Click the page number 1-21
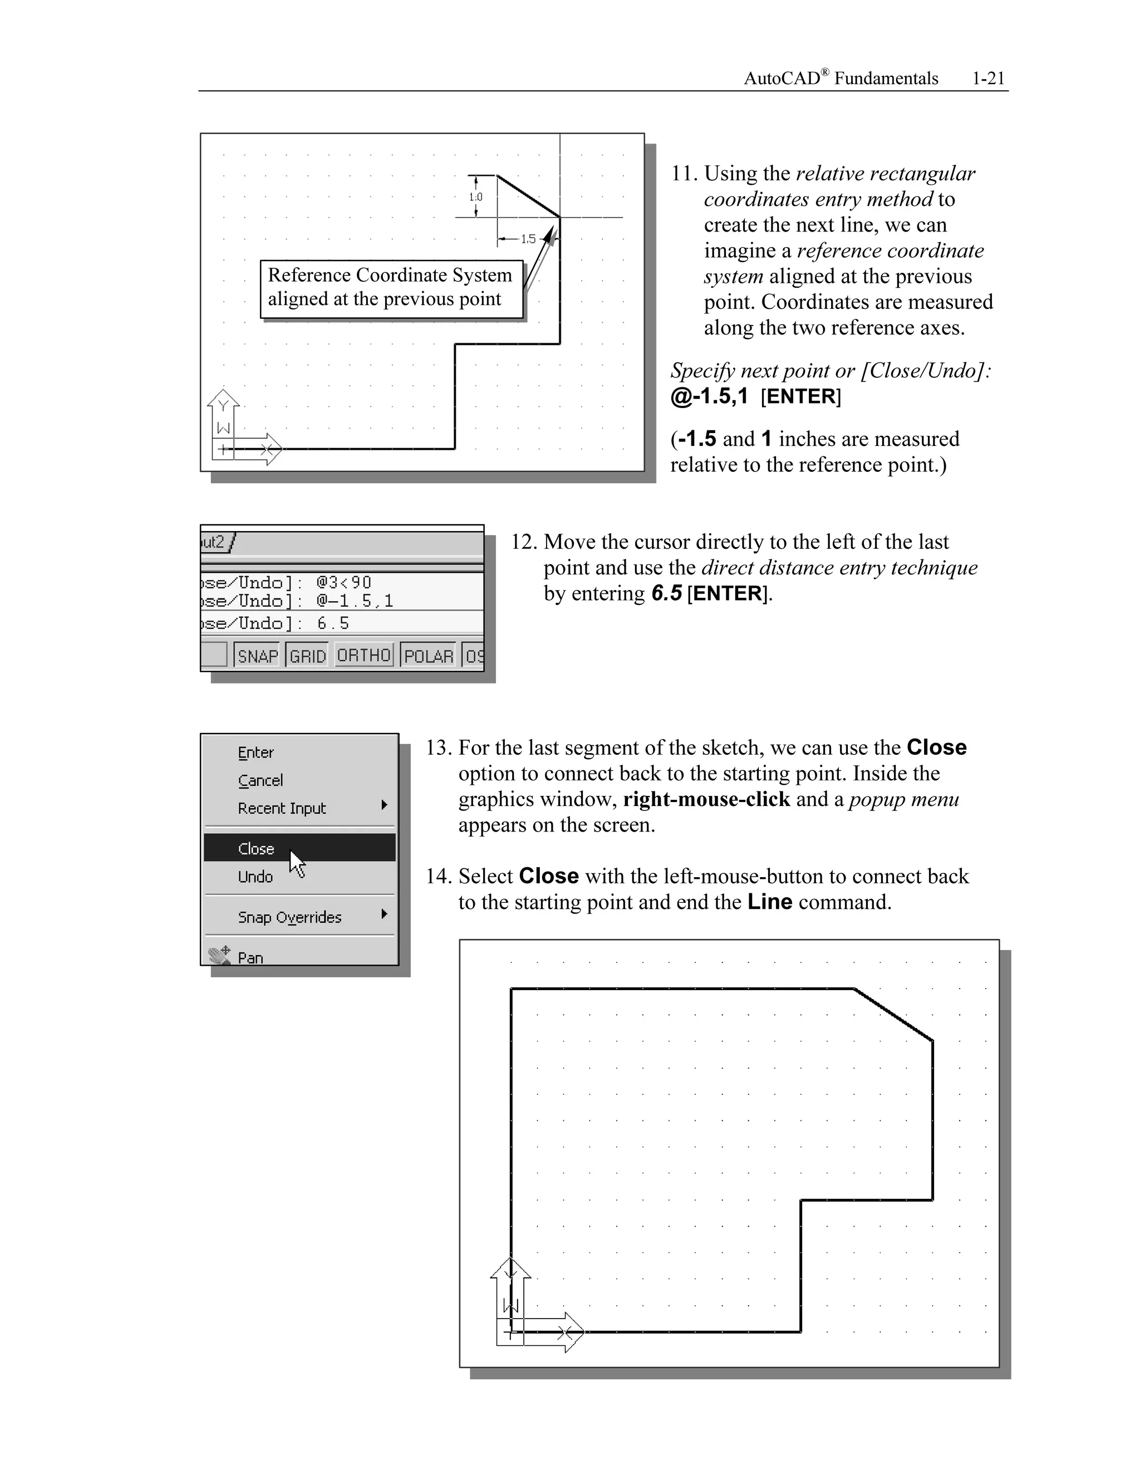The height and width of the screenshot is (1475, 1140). tap(988, 79)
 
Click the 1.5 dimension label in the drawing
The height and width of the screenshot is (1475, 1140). tap(528, 239)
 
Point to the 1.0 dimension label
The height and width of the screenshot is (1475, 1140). tap(476, 197)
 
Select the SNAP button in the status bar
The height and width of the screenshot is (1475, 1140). tap(258, 656)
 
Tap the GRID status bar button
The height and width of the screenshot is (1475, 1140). tap(308, 656)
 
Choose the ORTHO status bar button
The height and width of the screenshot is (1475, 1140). tap(364, 655)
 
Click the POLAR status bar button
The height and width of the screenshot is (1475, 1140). tap(429, 656)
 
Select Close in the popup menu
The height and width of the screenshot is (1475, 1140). tap(257, 849)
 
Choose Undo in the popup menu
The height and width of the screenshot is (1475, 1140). tap(255, 877)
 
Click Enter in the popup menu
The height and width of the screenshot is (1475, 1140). tap(256, 753)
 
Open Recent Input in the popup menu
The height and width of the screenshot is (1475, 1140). tap(282, 808)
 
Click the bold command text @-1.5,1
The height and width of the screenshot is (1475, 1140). tap(709, 396)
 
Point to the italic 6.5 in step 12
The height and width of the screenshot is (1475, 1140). tap(666, 594)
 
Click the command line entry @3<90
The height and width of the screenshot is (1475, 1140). tap(344, 582)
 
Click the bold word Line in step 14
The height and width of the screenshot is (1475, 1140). tap(769, 902)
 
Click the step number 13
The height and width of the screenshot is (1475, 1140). tap(438, 748)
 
